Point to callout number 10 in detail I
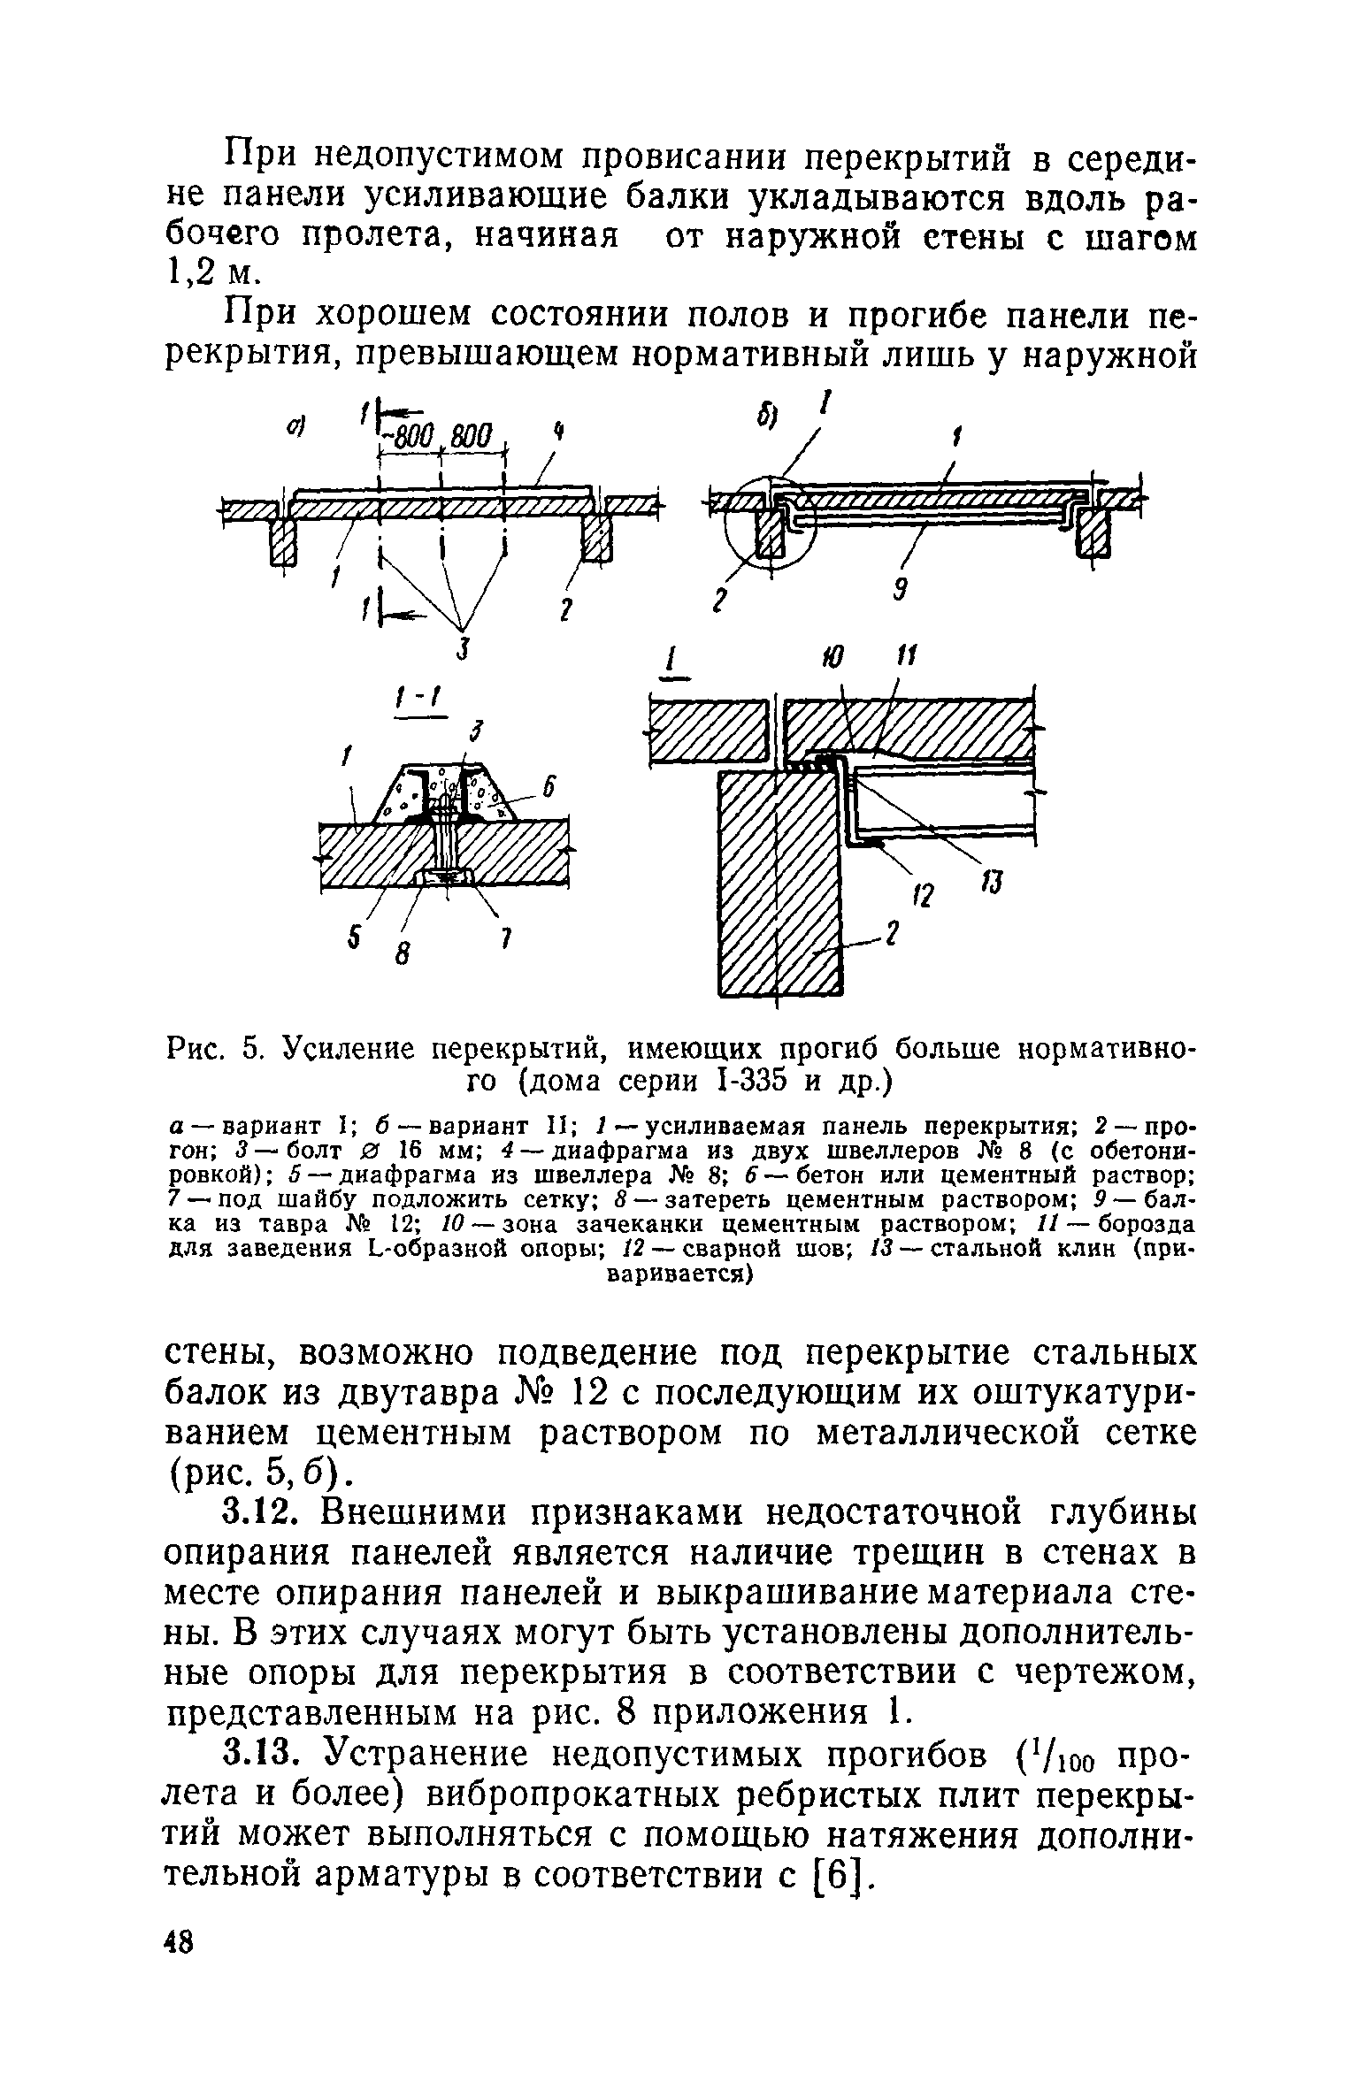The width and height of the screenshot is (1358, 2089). coord(831,658)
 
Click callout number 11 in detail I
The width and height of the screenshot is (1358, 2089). coord(904,657)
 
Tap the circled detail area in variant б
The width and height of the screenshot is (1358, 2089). coord(766,528)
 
